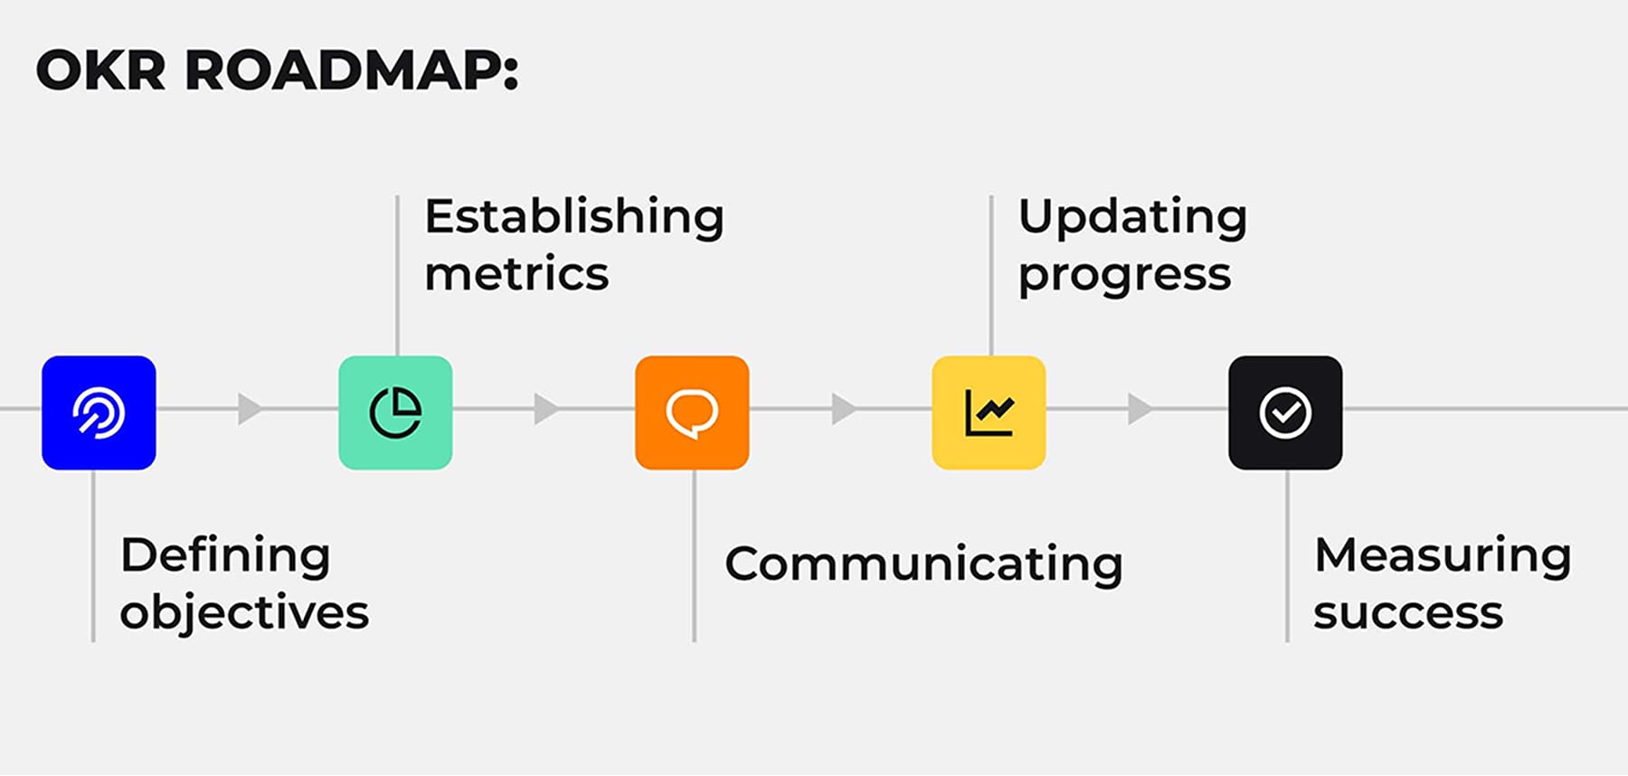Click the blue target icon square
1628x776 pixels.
pyautogui.click(x=99, y=412)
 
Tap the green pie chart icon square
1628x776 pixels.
pyautogui.click(x=395, y=412)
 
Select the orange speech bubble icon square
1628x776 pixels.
pyautogui.click(x=692, y=412)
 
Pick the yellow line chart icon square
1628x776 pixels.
pyautogui.click(x=989, y=412)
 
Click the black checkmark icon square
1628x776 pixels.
pyautogui.click(x=1285, y=412)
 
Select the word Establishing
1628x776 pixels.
pyautogui.click(x=574, y=217)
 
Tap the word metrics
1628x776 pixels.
pyautogui.click(x=516, y=274)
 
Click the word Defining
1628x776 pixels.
pyautogui.click(x=225, y=556)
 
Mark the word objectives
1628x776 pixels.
pyautogui.click(x=244, y=613)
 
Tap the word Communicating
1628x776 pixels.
pyautogui.click(x=923, y=565)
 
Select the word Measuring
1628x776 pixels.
pyautogui.click(x=1443, y=556)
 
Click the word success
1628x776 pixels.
pyautogui.click(x=1408, y=613)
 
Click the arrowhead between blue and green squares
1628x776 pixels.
pyautogui.click(x=249, y=409)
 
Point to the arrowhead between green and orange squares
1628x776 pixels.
pyautogui.click(x=544, y=409)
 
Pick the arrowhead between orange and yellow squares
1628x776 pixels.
pyautogui.click(x=842, y=409)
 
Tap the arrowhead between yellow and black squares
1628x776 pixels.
pyautogui.click(x=1139, y=409)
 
